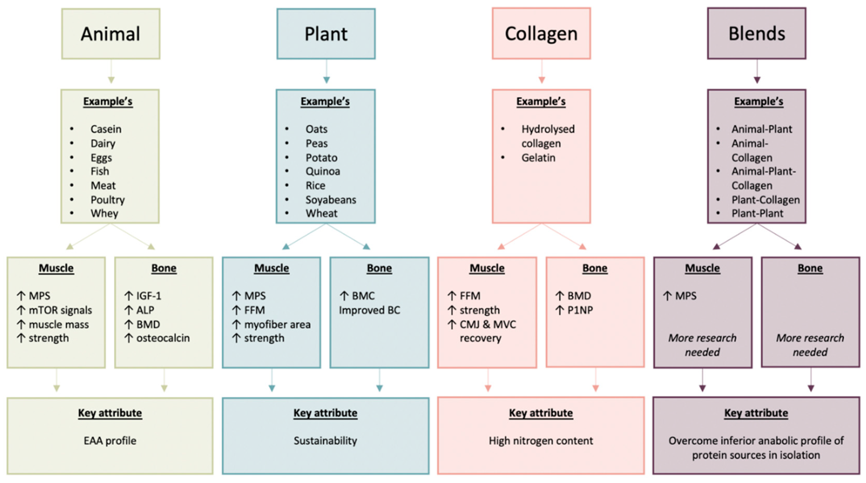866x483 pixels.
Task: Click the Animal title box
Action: pyautogui.click(x=111, y=34)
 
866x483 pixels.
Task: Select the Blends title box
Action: pyautogui.click(x=756, y=34)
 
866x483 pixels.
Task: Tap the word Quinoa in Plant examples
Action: pyautogui.click(x=322, y=171)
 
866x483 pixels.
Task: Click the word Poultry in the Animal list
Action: pyautogui.click(x=107, y=200)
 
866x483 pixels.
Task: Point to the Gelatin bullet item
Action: pyautogui.click(x=538, y=158)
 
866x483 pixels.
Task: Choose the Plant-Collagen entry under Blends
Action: pyautogui.click(x=766, y=200)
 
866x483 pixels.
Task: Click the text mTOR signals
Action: pyautogui.click(x=60, y=310)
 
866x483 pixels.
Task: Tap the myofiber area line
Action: pyautogui.click(x=277, y=325)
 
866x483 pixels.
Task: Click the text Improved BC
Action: pyautogui.click(x=370, y=310)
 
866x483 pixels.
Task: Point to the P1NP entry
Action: pyautogui.click(x=580, y=310)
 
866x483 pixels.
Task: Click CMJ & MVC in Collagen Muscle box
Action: pyautogui.click(x=487, y=325)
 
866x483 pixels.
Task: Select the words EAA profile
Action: pyautogui.click(x=110, y=441)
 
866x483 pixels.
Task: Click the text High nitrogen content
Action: pyautogui.click(x=541, y=441)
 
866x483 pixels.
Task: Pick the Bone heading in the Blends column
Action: pyautogui.click(x=810, y=268)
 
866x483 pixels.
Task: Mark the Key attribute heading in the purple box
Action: pyautogui.click(x=756, y=413)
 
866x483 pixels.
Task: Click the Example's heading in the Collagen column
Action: pyautogui.click(x=541, y=101)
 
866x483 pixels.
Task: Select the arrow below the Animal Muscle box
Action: pyautogui.click(x=56, y=380)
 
